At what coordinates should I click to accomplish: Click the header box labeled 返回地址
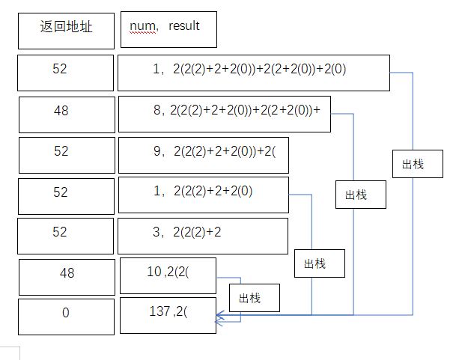point(66,28)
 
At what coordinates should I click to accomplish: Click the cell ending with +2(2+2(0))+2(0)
point(253,71)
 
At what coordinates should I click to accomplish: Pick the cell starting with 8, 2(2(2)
point(224,113)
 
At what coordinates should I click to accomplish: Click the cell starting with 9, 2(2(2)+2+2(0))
point(203,153)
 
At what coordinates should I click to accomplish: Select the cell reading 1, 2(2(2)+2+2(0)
point(203,195)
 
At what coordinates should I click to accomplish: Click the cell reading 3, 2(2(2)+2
point(203,235)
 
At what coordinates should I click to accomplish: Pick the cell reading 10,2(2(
point(168,275)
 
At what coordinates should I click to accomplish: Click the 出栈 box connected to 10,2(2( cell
point(254,298)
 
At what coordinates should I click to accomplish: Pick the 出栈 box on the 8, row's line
point(361,196)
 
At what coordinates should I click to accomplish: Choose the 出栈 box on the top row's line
point(417,165)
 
